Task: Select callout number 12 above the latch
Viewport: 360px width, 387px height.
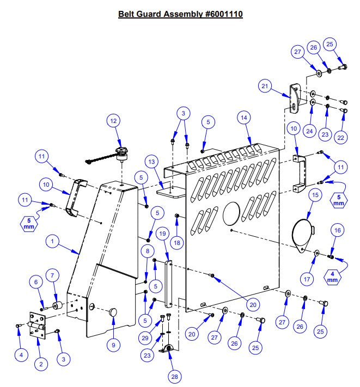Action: pos(113,122)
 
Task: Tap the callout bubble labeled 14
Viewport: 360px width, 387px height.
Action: pos(243,117)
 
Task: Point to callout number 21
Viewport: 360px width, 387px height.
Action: pos(266,86)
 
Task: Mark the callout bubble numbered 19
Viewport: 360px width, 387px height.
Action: pos(163,235)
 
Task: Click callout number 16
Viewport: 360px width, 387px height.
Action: pos(337,231)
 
